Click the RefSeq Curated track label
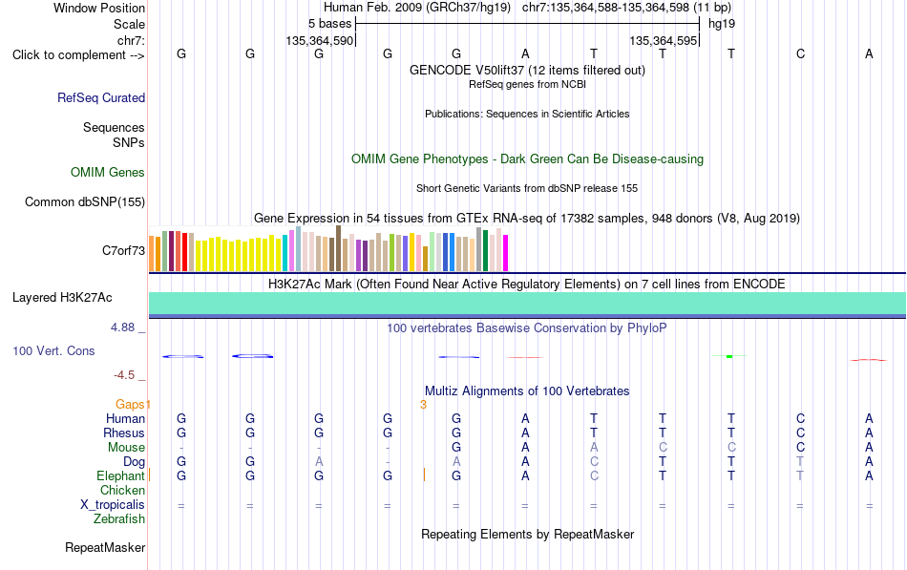(x=101, y=97)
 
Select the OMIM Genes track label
(x=108, y=173)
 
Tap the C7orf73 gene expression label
(x=124, y=250)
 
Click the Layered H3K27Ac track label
(x=62, y=298)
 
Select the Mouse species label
(x=126, y=448)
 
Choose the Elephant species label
(x=121, y=475)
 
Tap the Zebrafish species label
(x=119, y=519)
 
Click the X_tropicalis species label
(x=113, y=505)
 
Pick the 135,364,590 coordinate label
(x=319, y=40)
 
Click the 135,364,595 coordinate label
(x=663, y=40)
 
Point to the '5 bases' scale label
(x=329, y=24)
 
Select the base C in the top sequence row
(x=801, y=53)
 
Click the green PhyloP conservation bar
(x=729, y=356)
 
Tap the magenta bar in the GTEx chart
(x=506, y=253)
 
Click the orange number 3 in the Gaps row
(x=423, y=405)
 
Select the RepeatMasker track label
(x=105, y=547)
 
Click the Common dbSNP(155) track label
(x=85, y=202)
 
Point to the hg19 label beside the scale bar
(x=722, y=24)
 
